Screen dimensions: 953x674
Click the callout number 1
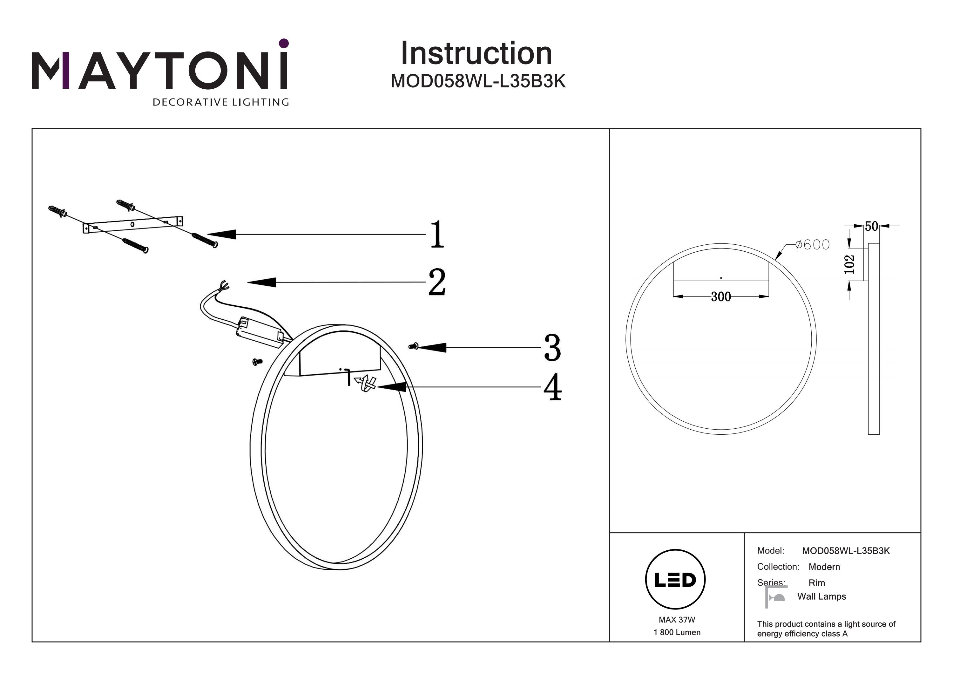(x=437, y=234)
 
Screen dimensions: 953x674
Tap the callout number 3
(x=552, y=348)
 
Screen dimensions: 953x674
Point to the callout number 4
(x=552, y=387)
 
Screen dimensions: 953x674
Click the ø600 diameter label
(x=812, y=245)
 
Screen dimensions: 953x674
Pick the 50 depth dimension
(x=871, y=226)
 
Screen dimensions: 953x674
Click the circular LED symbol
(x=675, y=579)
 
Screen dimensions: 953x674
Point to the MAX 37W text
(x=677, y=620)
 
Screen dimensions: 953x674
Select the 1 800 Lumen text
(x=677, y=632)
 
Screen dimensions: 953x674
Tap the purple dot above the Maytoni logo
(x=284, y=43)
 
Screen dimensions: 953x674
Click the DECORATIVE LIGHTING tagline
(x=221, y=102)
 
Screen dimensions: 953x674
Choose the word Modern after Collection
(x=824, y=567)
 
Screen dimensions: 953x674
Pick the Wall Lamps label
(x=821, y=596)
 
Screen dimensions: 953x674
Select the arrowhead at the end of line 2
(x=261, y=283)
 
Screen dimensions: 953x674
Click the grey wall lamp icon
(x=775, y=597)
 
